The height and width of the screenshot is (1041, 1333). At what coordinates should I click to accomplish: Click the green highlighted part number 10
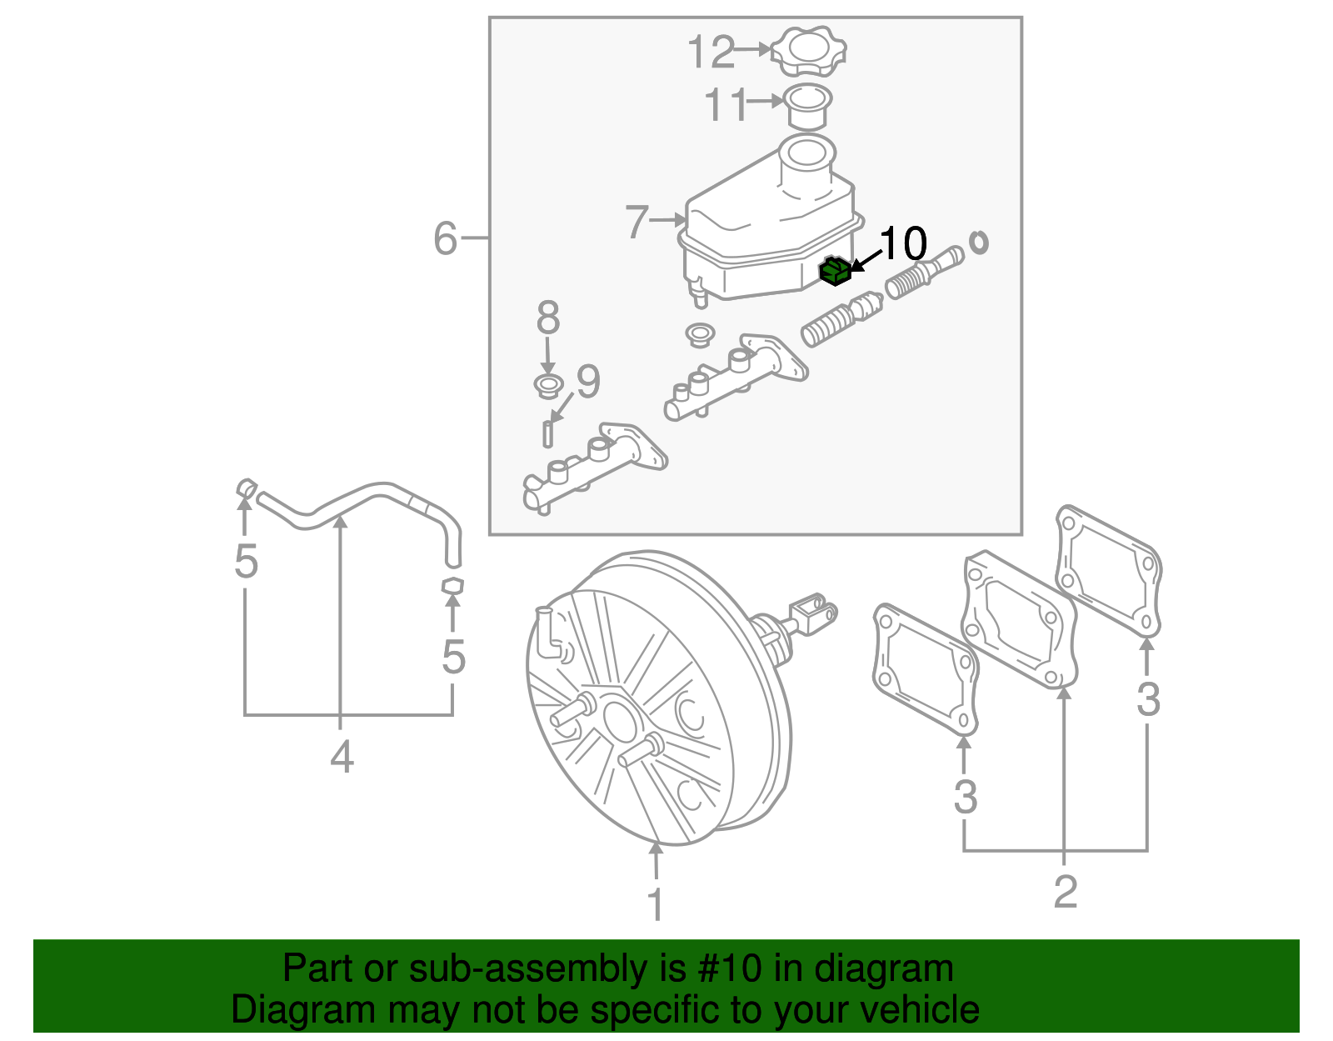coord(835,271)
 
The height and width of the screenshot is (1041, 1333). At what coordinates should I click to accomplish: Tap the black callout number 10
coord(902,243)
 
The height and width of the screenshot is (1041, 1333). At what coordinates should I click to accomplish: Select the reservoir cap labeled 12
coord(808,52)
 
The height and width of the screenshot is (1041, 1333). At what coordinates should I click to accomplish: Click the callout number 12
coord(711,53)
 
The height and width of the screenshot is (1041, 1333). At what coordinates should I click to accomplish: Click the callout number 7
coord(637,222)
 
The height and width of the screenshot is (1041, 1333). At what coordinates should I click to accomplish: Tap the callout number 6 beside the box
coord(446,238)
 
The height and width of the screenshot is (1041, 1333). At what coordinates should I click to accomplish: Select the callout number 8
coord(547,318)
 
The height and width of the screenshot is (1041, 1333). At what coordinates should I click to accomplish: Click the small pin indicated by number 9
coord(547,434)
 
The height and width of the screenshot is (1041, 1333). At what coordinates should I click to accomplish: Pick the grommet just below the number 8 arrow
coord(547,386)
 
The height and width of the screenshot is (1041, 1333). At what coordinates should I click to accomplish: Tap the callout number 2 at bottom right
coord(1066,892)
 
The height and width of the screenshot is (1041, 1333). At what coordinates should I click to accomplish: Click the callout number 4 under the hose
coord(342,758)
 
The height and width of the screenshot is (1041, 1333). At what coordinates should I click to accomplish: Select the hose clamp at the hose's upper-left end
coord(246,487)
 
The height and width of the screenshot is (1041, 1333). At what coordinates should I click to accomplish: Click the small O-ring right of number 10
coord(979,242)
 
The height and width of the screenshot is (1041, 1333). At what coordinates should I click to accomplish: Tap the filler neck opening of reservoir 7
coord(806,152)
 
